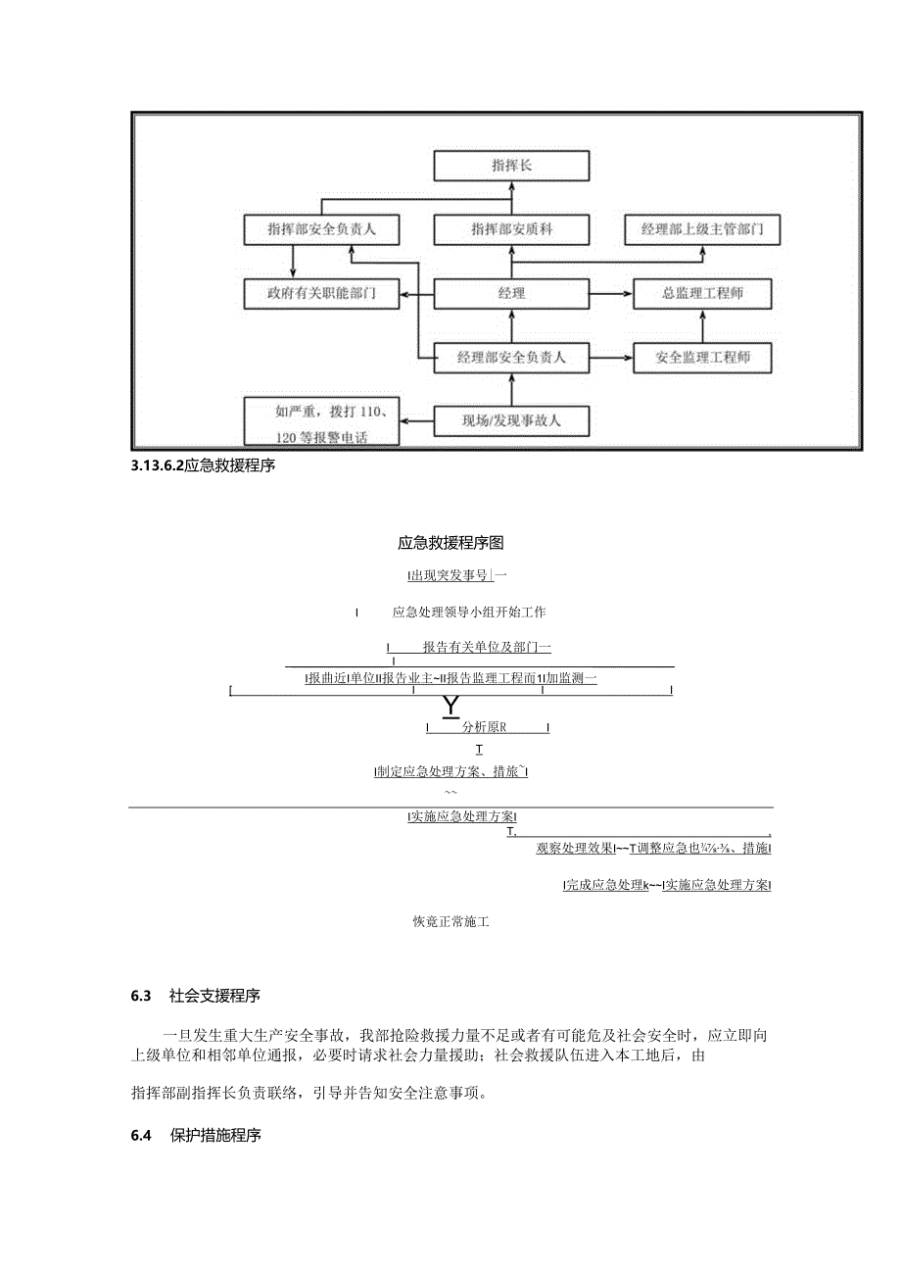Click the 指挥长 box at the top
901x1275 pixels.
(511, 166)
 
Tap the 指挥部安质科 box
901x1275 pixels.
(511, 229)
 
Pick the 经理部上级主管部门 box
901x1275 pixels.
(702, 229)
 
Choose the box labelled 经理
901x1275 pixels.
(511, 293)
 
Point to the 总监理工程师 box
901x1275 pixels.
(702, 293)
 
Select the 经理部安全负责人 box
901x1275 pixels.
(511, 358)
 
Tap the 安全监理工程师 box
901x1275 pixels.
(702, 358)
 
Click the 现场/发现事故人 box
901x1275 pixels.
(511, 422)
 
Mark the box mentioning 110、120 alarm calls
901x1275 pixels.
(322, 422)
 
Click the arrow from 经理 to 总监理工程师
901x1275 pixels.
(611, 293)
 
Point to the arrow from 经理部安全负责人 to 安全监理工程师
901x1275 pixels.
(611, 358)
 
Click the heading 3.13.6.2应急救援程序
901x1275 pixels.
(203, 466)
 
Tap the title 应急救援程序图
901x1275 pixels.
(450, 542)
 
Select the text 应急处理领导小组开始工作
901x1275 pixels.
(468, 613)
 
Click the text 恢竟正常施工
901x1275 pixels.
(450, 922)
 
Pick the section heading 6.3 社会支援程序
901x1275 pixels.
(195, 997)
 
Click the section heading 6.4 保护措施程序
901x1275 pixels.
(195, 1136)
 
